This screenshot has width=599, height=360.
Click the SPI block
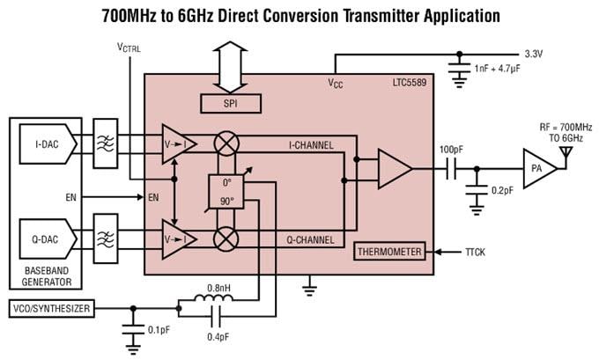[x=231, y=105]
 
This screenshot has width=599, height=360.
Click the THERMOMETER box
[x=388, y=252]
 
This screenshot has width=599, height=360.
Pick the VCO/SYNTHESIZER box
[x=50, y=308]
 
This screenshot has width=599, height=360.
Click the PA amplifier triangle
[x=537, y=168]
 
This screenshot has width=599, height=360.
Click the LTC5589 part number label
[x=410, y=84]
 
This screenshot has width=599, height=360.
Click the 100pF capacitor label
[x=452, y=150]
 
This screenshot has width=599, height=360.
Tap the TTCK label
[x=476, y=252]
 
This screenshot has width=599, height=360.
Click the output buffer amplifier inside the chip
[x=393, y=168]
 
